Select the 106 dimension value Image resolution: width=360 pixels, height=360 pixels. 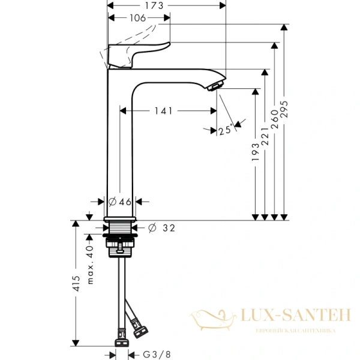pyautogui.click(x=139, y=18)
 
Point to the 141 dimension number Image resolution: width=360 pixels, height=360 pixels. pyautogui.click(x=163, y=110)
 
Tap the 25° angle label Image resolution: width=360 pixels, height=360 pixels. pyautogui.click(x=226, y=130)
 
